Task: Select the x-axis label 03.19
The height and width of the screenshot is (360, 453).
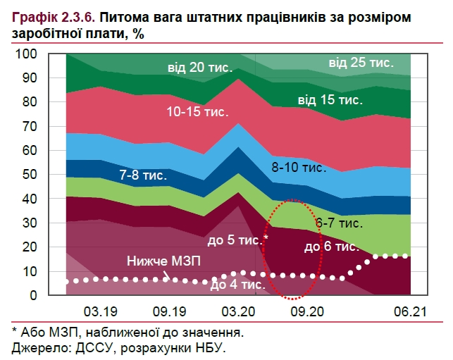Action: tap(101, 310)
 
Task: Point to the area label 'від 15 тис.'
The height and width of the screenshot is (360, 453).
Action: tap(330, 99)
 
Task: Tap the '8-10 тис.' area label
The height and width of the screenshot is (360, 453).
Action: tap(299, 168)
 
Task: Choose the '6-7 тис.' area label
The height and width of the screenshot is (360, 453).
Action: tap(339, 223)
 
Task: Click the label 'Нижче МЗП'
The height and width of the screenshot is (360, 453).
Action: tap(163, 261)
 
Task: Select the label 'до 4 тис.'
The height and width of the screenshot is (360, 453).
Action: tap(237, 285)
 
